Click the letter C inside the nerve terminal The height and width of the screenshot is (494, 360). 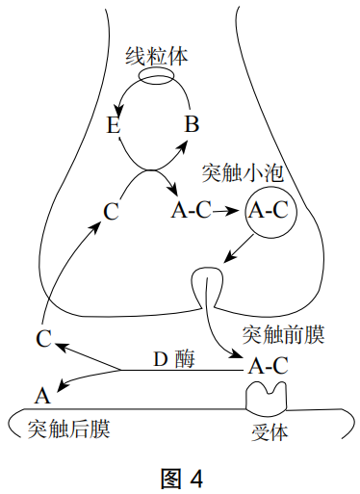(x=111, y=210)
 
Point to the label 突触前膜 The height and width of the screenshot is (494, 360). (x=282, y=334)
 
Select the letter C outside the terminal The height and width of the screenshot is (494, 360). (x=42, y=338)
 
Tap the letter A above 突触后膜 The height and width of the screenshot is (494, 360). (x=41, y=396)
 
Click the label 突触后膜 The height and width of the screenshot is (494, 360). (x=68, y=428)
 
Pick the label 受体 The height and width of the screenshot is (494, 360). (x=268, y=430)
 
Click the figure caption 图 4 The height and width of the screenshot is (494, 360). (x=181, y=477)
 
